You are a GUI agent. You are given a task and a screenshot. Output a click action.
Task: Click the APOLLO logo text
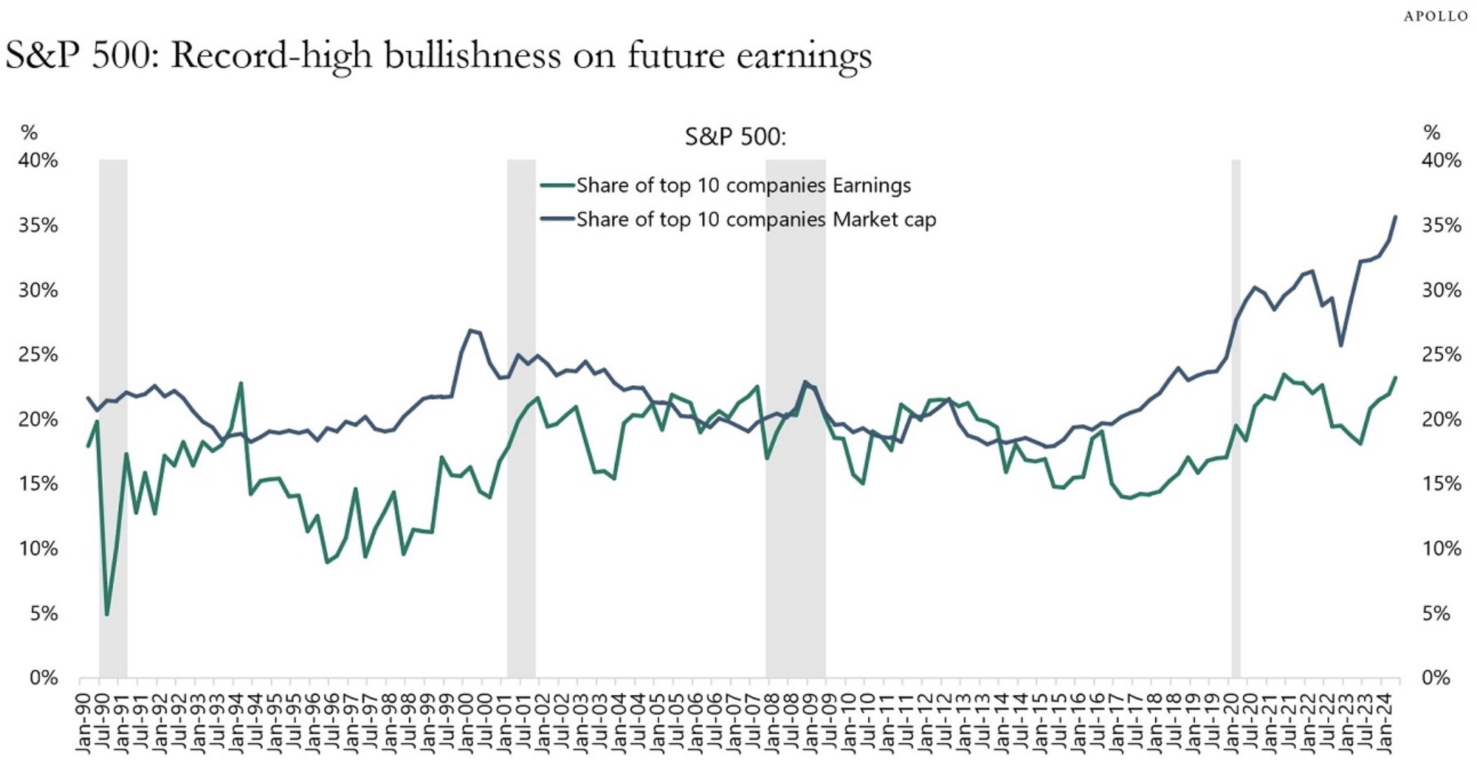1436,16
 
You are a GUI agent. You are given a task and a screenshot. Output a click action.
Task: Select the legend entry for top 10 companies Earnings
743,185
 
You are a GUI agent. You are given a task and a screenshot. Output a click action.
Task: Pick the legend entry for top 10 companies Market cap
755,220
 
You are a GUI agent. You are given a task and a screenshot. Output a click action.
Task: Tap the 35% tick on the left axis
38,225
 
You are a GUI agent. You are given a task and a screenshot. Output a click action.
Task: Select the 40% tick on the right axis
1441,161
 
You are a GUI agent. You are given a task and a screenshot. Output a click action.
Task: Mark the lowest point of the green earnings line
107,614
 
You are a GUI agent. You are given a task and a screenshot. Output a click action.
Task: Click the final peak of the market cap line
1396,217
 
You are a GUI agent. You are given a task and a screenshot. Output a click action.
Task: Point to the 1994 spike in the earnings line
241,383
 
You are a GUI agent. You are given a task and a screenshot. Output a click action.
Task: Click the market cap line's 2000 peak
471,330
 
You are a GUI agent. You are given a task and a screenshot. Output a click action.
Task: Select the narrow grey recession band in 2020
1236,419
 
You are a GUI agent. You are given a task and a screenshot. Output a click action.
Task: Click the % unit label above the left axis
29,132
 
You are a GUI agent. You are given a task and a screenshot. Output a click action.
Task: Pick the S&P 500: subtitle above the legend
735,136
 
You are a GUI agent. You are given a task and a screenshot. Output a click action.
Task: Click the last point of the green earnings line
1396,378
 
